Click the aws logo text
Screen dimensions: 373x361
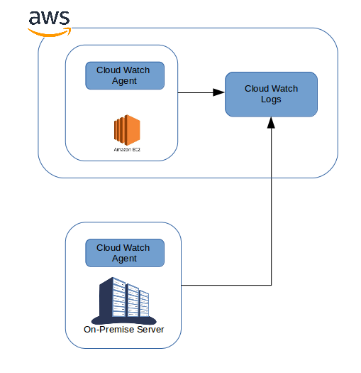pyautogui.click(x=50, y=18)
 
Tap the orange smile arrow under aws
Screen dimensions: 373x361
pyautogui.click(x=50, y=31)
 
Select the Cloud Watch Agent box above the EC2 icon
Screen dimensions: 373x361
pyautogui.click(x=124, y=75)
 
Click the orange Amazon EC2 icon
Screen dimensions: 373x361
pyautogui.click(x=127, y=131)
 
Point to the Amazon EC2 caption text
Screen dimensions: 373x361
pyautogui.click(x=127, y=150)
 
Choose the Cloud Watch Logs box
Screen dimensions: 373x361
pyautogui.click(x=271, y=94)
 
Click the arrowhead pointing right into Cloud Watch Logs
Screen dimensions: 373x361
pyautogui.click(x=220, y=92)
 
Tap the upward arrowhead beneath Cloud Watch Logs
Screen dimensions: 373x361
pyautogui.click(x=271, y=123)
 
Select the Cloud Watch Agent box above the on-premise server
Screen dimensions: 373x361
pyautogui.click(x=124, y=253)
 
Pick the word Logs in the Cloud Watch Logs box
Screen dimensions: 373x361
pyautogui.click(x=271, y=99)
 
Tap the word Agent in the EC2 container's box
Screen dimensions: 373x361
pyautogui.click(x=124, y=81)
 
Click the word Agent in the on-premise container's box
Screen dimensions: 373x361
pyautogui.click(x=124, y=259)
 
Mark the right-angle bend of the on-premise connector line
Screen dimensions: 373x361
pyautogui.click(x=271, y=286)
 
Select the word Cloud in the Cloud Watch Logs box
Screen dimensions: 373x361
pyautogui.click(x=257, y=89)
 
